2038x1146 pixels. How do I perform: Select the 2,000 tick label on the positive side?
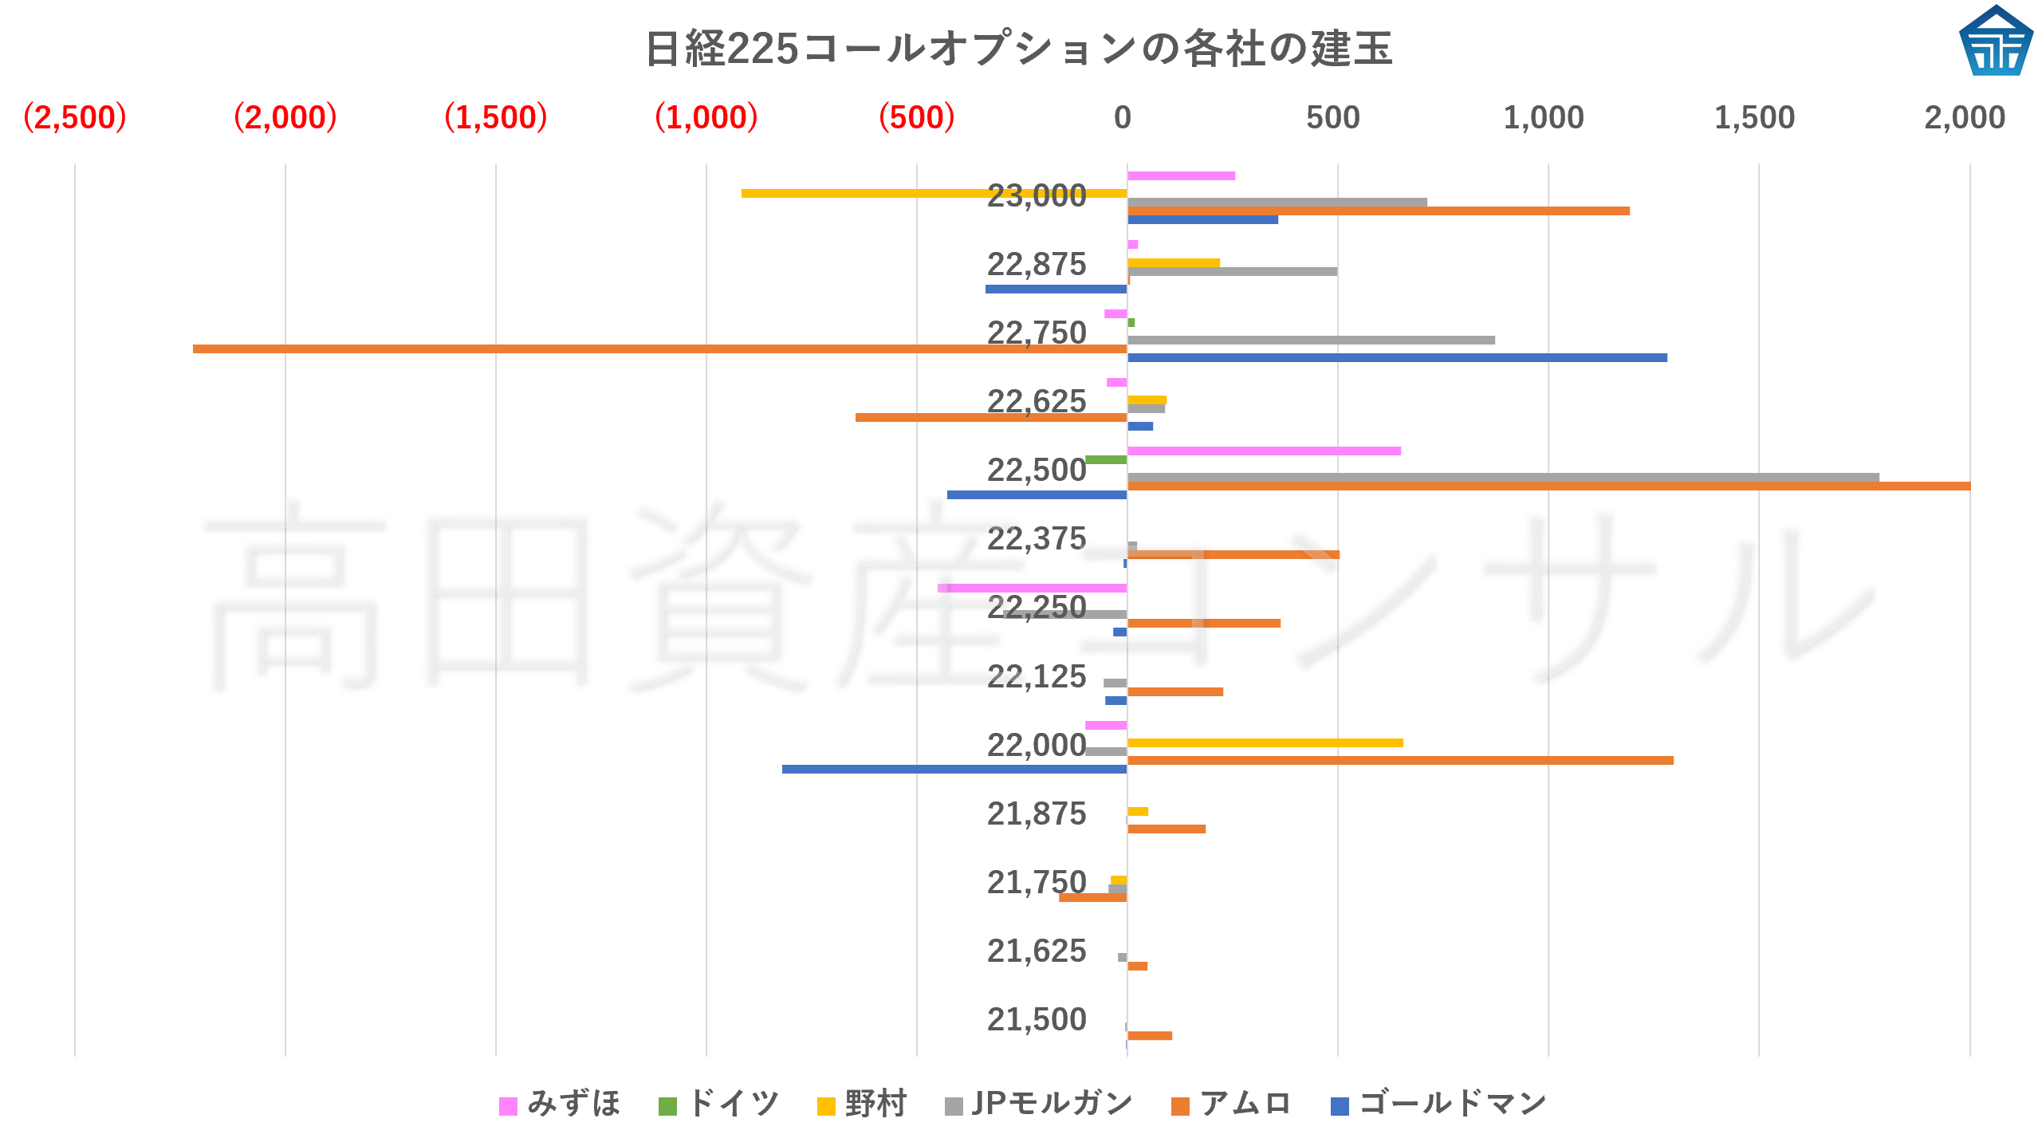coord(1964,118)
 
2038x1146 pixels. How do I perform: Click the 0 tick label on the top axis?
coord(1123,118)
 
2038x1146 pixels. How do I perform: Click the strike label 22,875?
coord(1036,264)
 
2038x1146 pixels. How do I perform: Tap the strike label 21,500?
coord(1036,1019)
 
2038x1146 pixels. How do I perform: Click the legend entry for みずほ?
coord(560,1104)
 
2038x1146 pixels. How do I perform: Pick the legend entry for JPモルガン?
coord(1038,1104)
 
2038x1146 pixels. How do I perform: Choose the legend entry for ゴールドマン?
coord(1439,1104)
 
